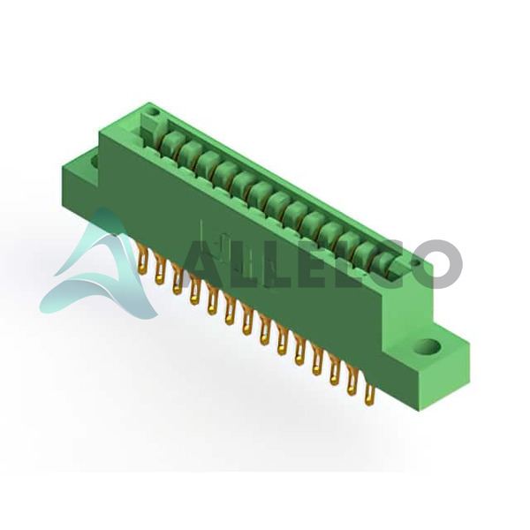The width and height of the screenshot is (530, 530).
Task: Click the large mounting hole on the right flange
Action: point(428,346)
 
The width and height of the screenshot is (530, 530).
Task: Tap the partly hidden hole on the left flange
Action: point(95,161)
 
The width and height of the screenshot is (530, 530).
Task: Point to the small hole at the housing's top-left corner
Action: point(153,111)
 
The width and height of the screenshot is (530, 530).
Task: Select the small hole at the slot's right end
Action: point(416,262)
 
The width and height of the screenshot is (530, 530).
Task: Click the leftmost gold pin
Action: point(143,259)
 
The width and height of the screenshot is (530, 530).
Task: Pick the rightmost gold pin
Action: point(369,390)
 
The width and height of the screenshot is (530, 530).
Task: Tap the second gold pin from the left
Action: point(160,269)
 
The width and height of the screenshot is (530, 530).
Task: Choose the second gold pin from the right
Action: point(352,380)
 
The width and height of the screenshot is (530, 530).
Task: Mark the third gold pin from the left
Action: point(178,279)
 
